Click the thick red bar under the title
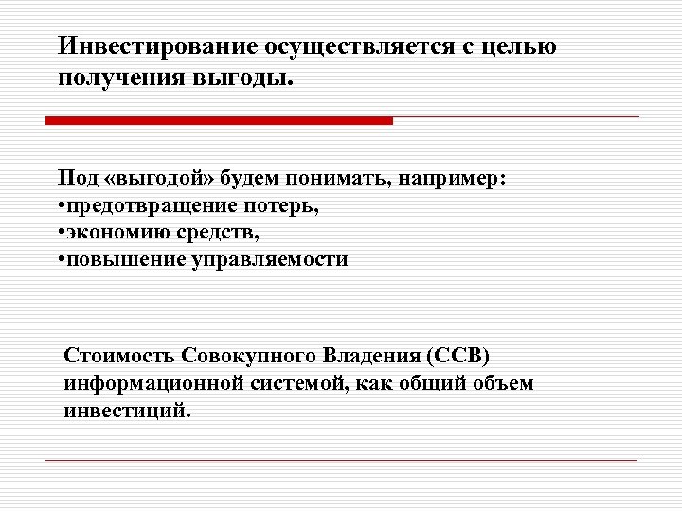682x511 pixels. click(219, 121)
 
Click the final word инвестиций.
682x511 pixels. click(128, 411)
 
